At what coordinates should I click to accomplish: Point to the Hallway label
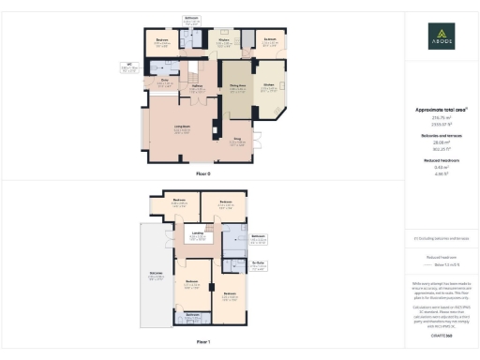199,85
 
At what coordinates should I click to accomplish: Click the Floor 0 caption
203,174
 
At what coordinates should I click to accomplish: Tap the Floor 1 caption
203,342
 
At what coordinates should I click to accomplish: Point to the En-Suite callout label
260,263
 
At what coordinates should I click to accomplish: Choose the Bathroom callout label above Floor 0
192,20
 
